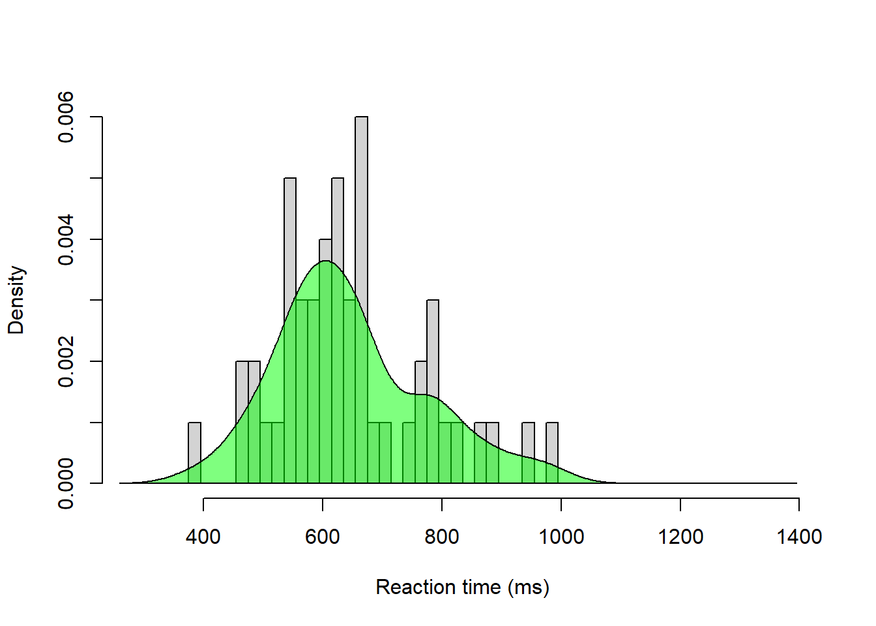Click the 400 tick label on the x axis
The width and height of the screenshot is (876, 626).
[x=203, y=537]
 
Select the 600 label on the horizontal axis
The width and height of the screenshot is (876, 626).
[x=323, y=537]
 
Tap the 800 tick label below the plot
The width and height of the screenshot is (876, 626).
[x=442, y=537]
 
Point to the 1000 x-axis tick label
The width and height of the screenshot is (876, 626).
[x=561, y=537]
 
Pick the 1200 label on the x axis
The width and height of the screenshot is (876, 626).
[x=680, y=537]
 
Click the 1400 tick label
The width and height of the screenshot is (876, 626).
[x=799, y=537]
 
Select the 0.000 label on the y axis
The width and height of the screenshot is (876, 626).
[x=66, y=483]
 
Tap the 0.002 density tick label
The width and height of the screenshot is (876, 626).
[x=66, y=362]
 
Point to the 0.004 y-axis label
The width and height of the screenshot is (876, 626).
[x=66, y=240]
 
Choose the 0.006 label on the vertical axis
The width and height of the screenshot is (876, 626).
[x=66, y=117]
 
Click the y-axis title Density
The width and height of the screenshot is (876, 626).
[x=16, y=300]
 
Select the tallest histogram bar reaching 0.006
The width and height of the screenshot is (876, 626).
[x=361, y=196]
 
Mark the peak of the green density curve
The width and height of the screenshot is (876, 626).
[x=325, y=261]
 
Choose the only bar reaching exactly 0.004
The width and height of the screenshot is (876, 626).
[x=325, y=250]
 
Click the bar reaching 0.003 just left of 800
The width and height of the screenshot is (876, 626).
[x=433, y=346]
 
